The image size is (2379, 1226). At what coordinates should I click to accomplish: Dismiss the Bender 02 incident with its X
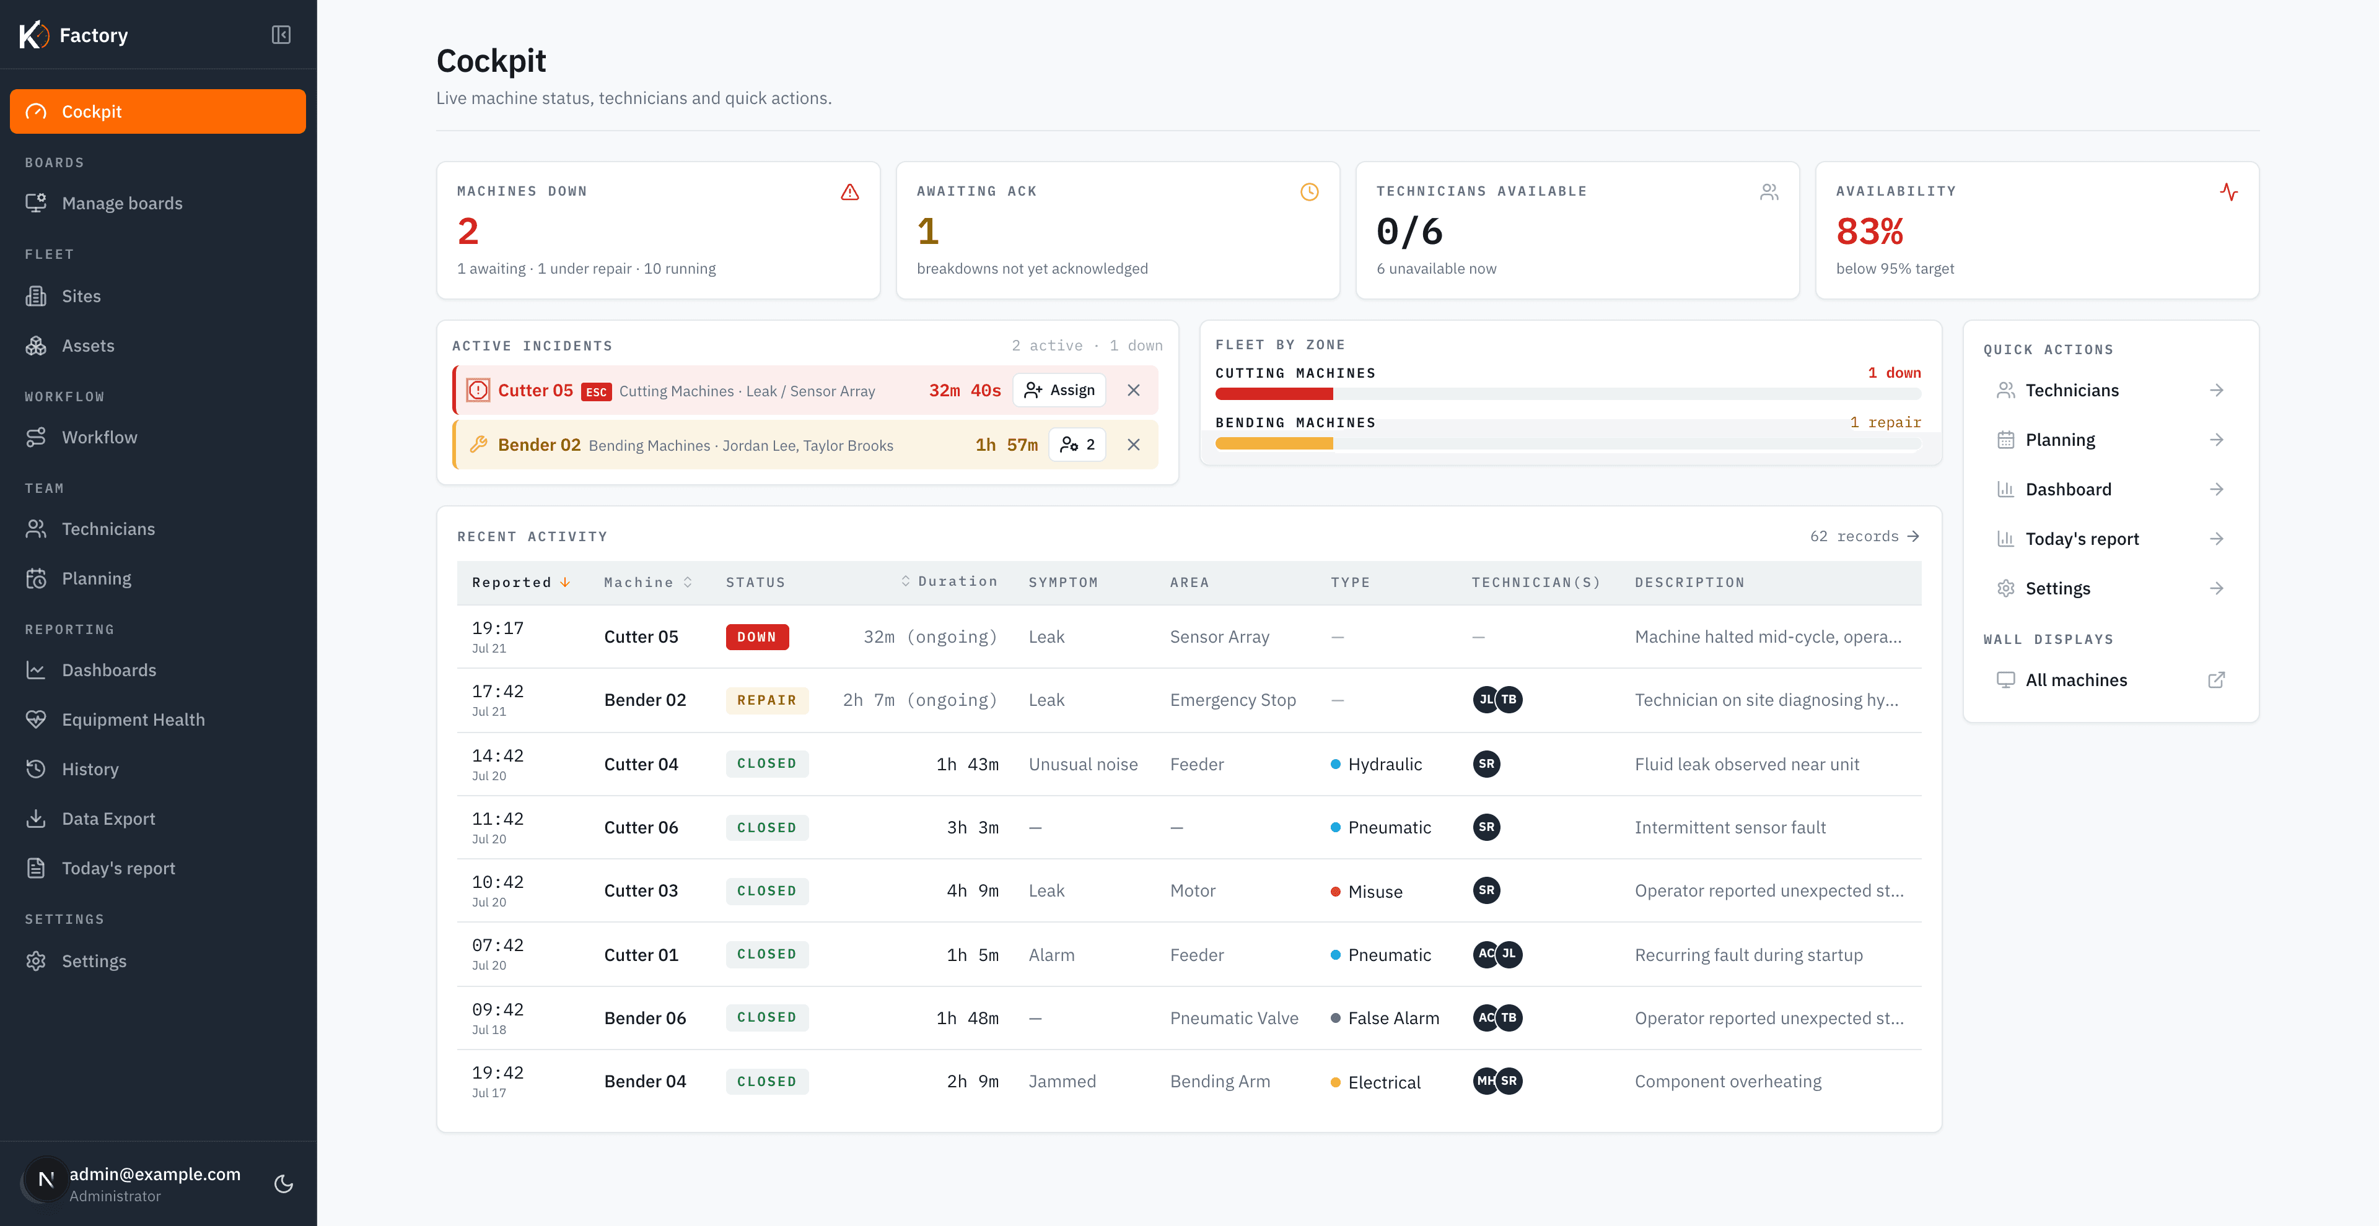1133,445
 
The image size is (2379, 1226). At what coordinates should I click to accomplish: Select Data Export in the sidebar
108,819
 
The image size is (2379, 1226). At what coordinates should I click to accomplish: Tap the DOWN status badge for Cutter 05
757,637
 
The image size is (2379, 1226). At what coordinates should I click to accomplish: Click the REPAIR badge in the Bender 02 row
766,700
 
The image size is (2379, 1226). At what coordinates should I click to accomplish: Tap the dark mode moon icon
284,1183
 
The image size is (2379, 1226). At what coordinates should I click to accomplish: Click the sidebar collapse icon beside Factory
282,35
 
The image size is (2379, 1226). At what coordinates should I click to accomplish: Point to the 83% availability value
1869,231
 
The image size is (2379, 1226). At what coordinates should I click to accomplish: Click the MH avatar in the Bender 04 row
1485,1081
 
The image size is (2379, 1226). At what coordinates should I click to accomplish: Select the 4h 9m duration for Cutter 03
973,891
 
